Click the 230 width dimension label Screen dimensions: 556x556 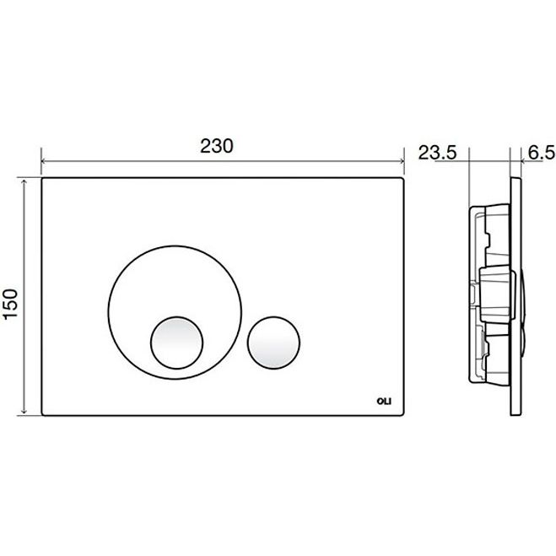217,146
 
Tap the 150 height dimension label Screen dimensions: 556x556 10,304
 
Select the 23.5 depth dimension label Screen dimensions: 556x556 437,153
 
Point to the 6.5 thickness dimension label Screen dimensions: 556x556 541,153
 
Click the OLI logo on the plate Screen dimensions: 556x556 384,402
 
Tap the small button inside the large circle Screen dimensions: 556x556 176,343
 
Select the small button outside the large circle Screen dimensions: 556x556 273,343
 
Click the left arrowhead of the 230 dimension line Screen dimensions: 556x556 43,161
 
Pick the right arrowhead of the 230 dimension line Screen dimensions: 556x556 402,161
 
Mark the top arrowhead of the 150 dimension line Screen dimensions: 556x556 24,181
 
